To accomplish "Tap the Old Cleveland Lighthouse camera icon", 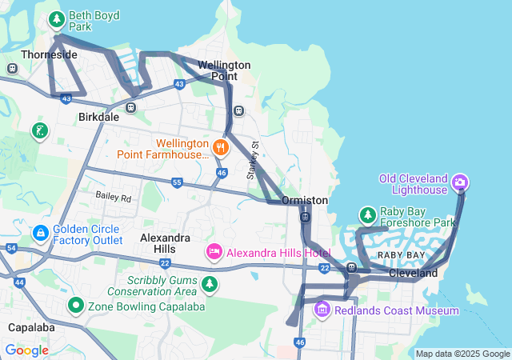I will point(460,183).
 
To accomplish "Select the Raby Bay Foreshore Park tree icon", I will point(367,215).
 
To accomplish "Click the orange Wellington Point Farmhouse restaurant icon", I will point(222,147).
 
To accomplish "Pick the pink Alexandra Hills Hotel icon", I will point(214,253).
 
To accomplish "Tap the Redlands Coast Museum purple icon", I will point(322,309).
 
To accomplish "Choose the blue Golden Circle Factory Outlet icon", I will point(40,233).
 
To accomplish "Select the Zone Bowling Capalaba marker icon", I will point(76,305).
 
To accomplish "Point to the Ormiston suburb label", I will point(305,200).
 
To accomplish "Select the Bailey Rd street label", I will point(113,197).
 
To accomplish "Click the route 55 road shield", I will point(177,183).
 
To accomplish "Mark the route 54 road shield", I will point(10,249).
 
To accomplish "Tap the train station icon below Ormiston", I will point(305,217).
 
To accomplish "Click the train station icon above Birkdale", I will point(130,106).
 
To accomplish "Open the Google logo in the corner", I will point(26,350).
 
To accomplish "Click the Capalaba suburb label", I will point(30,328).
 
